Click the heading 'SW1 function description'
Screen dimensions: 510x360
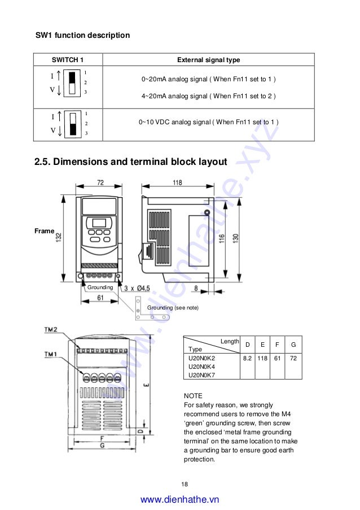[x=82, y=35]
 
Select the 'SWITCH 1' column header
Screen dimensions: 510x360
[x=68, y=60]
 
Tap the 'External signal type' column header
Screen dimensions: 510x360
[x=208, y=60]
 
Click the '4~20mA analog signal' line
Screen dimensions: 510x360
[x=208, y=96]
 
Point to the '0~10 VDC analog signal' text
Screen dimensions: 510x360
[x=208, y=122]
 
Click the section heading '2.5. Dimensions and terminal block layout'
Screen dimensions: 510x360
[x=131, y=162]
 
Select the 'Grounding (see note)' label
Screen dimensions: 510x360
[x=173, y=308]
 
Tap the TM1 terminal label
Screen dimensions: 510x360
[x=51, y=354]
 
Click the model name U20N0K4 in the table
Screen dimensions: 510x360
[x=201, y=366]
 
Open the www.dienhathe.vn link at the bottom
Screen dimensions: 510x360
[x=179, y=499]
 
